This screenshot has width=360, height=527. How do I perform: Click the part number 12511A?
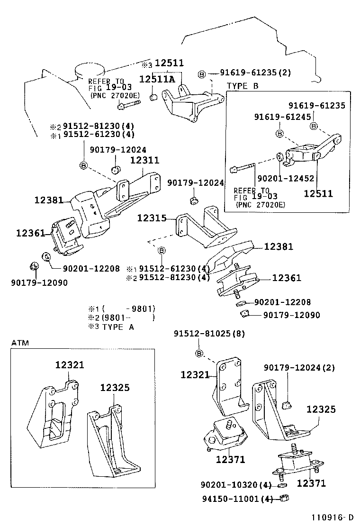(157, 78)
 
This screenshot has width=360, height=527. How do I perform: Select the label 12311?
(144, 161)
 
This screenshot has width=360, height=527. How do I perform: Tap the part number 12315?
(152, 218)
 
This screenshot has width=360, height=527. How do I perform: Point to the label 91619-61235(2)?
(255, 73)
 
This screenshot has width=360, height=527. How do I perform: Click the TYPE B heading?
(243, 86)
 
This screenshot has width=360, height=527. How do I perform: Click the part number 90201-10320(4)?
(235, 485)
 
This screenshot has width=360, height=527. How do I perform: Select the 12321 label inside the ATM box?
(70, 365)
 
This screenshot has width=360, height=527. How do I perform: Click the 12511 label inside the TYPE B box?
(318, 193)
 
